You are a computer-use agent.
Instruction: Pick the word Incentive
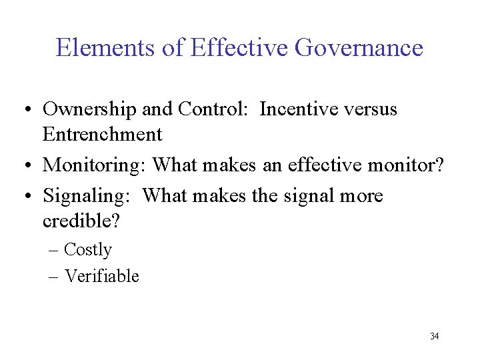click(298, 109)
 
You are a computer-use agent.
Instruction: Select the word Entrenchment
click(102, 134)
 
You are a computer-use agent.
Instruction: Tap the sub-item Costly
click(88, 250)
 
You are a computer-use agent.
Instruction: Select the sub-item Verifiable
click(101, 275)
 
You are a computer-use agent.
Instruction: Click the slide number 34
click(434, 336)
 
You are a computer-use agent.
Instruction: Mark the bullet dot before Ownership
click(31, 110)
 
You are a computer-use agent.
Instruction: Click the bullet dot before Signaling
click(31, 197)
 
